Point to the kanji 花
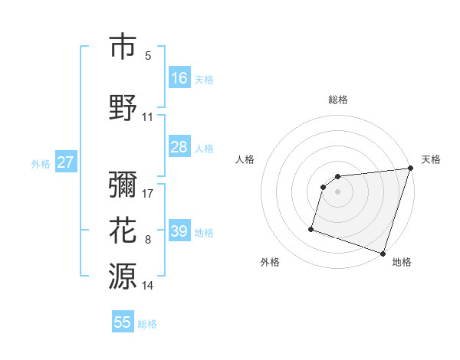[x=123, y=230]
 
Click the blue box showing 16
[x=179, y=77]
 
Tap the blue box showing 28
[x=179, y=147]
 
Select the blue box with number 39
[x=179, y=231]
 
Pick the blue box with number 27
[x=65, y=162]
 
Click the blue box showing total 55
[x=123, y=322]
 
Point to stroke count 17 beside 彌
[x=148, y=193]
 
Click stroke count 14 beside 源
[x=148, y=286]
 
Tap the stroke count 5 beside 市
[x=148, y=56]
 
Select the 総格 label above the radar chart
[x=338, y=100]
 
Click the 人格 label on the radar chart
[x=245, y=159]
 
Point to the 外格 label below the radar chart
[x=270, y=262]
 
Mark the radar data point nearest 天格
[x=410, y=169]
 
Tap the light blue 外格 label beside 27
[x=40, y=163]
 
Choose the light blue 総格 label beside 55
[x=147, y=324]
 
